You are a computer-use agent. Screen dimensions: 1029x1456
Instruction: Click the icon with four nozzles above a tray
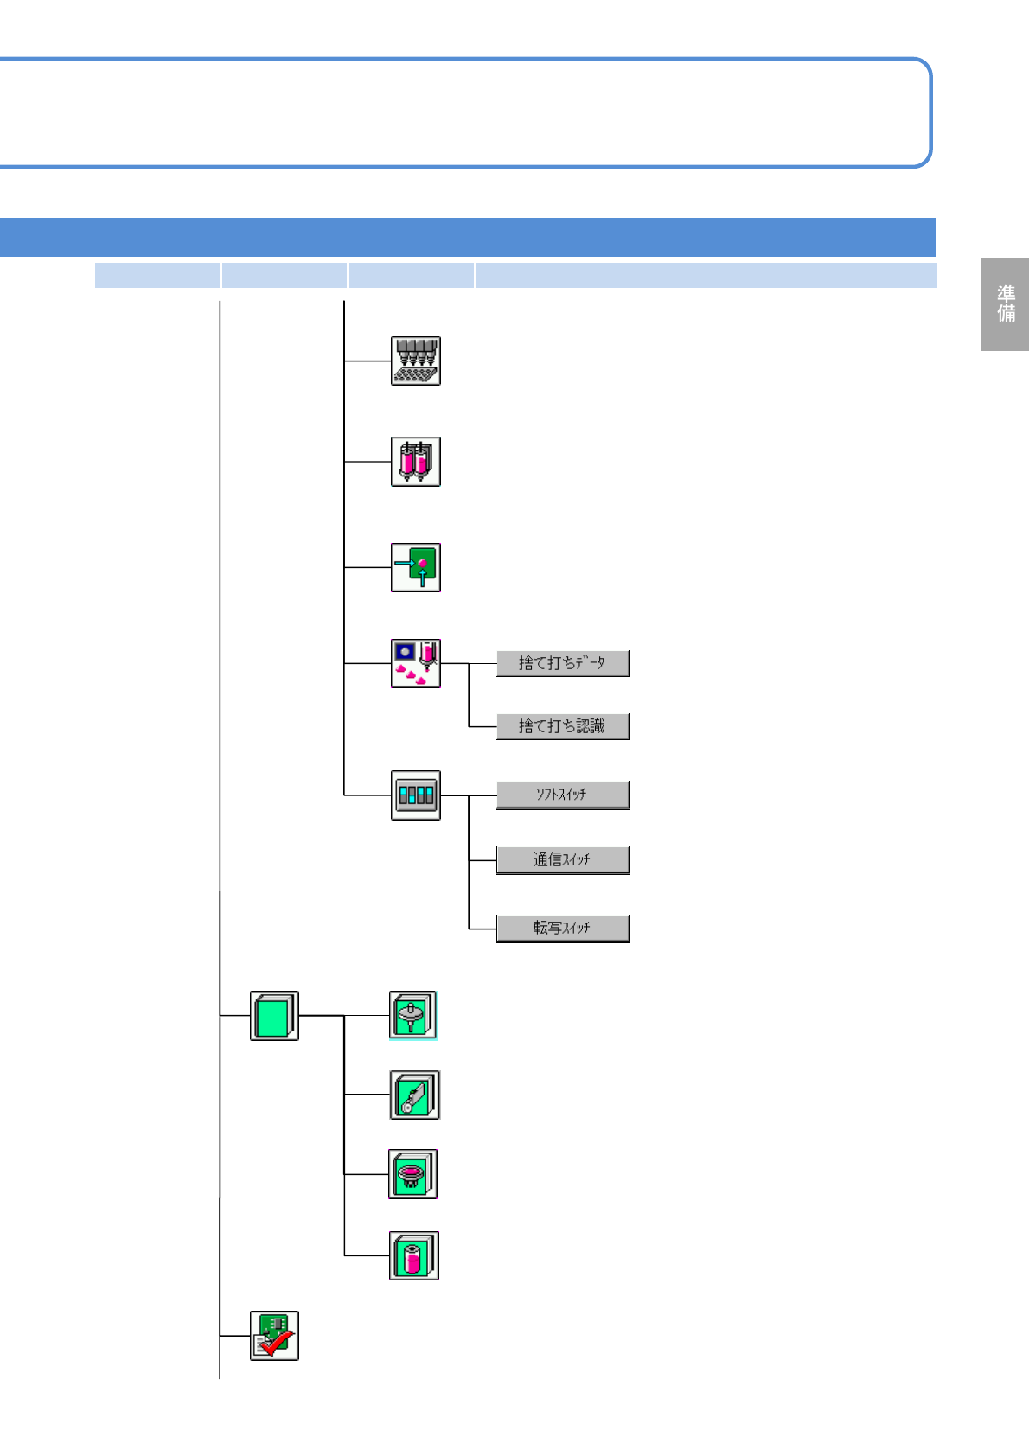(416, 361)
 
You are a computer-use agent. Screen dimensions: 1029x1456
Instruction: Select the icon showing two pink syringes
(416, 462)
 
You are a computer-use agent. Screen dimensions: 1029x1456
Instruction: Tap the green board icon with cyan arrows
(416, 567)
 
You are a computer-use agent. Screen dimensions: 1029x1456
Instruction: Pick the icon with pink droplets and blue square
(416, 663)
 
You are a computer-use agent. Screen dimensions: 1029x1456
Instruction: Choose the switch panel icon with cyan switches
(416, 795)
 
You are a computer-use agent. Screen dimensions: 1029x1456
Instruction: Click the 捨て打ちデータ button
(562, 663)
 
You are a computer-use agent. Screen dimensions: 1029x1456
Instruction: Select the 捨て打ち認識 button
(562, 726)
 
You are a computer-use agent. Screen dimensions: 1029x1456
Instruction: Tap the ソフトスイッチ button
(562, 795)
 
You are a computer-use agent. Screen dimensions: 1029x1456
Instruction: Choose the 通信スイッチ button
(562, 860)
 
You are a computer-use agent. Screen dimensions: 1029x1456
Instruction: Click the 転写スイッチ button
(562, 928)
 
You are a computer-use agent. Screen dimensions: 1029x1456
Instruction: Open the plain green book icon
(274, 1015)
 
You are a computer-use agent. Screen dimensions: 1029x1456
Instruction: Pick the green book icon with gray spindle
(413, 1015)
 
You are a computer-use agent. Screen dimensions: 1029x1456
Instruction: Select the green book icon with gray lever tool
(415, 1095)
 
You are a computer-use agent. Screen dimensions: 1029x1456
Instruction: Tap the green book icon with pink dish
(413, 1174)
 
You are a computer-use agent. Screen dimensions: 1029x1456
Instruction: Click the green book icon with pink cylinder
(414, 1255)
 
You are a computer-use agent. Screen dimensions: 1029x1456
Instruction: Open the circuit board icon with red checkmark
(274, 1336)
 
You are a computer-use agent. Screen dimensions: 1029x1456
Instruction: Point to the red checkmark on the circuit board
(278, 1344)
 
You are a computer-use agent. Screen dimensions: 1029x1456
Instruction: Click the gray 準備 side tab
(1005, 304)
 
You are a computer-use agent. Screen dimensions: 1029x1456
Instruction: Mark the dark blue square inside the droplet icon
(404, 651)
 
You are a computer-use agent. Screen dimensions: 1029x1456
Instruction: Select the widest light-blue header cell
(706, 275)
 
